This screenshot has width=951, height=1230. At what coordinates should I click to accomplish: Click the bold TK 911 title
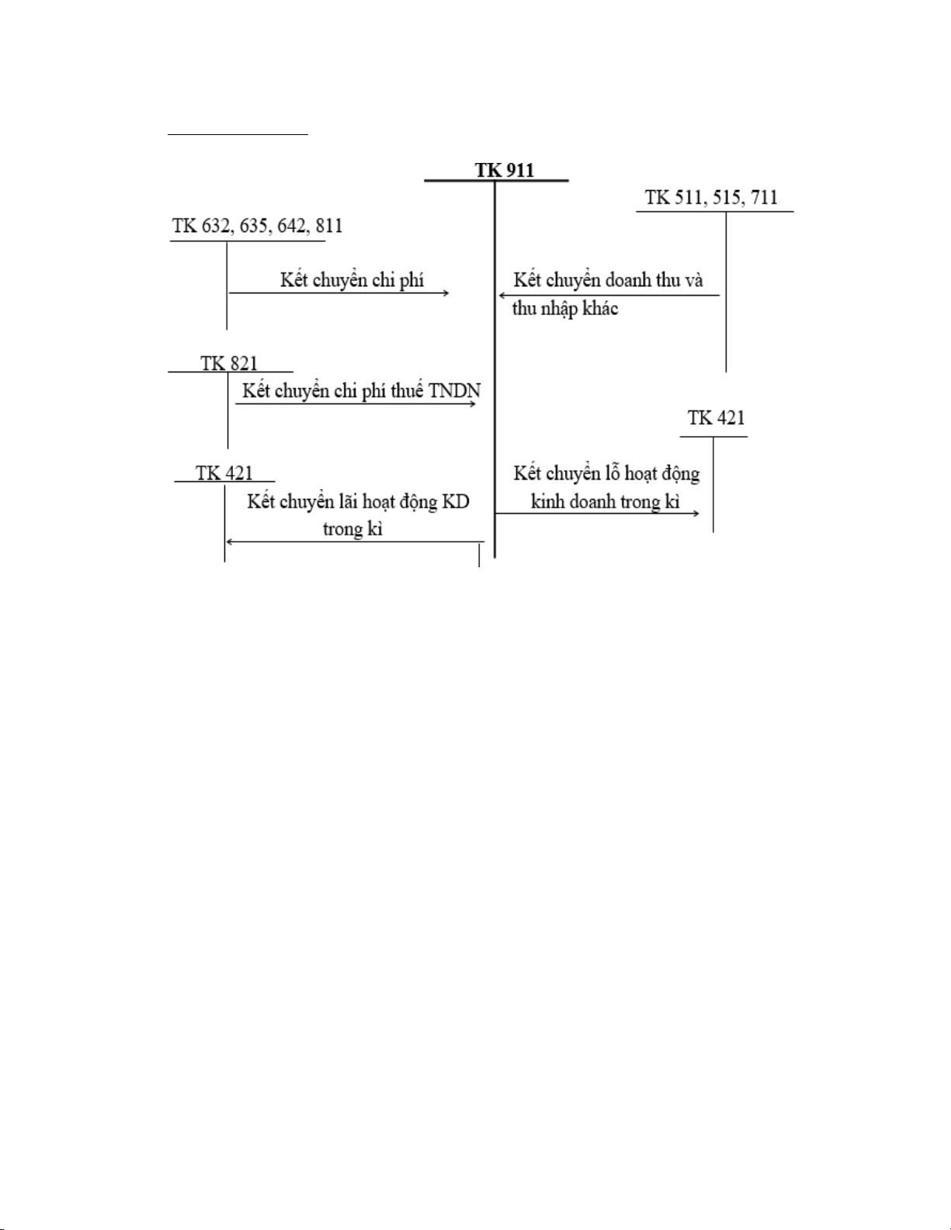[505, 170]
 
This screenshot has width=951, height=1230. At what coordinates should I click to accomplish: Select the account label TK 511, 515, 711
[712, 198]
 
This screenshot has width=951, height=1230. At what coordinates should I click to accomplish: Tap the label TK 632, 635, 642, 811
[258, 226]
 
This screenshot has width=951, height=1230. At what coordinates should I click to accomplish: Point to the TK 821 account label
[229, 363]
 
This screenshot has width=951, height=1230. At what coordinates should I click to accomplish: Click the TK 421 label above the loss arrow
[716, 418]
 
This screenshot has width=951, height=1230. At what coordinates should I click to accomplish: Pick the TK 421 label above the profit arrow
[224, 473]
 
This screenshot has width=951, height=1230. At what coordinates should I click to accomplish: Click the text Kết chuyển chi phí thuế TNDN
[361, 390]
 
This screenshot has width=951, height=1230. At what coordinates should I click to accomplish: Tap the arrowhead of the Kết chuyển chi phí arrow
[447, 293]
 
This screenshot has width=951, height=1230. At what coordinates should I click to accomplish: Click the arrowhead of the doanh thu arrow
[501, 295]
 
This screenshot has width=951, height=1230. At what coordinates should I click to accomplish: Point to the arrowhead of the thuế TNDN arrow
[474, 404]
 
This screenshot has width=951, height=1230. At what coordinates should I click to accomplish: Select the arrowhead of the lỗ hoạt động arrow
[697, 514]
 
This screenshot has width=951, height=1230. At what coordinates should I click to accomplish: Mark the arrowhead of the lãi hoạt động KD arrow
[228, 542]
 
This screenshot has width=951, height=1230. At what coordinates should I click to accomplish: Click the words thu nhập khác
[565, 309]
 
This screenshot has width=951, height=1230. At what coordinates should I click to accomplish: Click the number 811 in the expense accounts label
[329, 226]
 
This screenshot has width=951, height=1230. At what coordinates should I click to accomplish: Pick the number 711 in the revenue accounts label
[764, 198]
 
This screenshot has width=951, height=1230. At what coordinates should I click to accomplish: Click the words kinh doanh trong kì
[605, 501]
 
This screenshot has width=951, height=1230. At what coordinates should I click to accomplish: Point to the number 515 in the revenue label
[727, 198]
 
